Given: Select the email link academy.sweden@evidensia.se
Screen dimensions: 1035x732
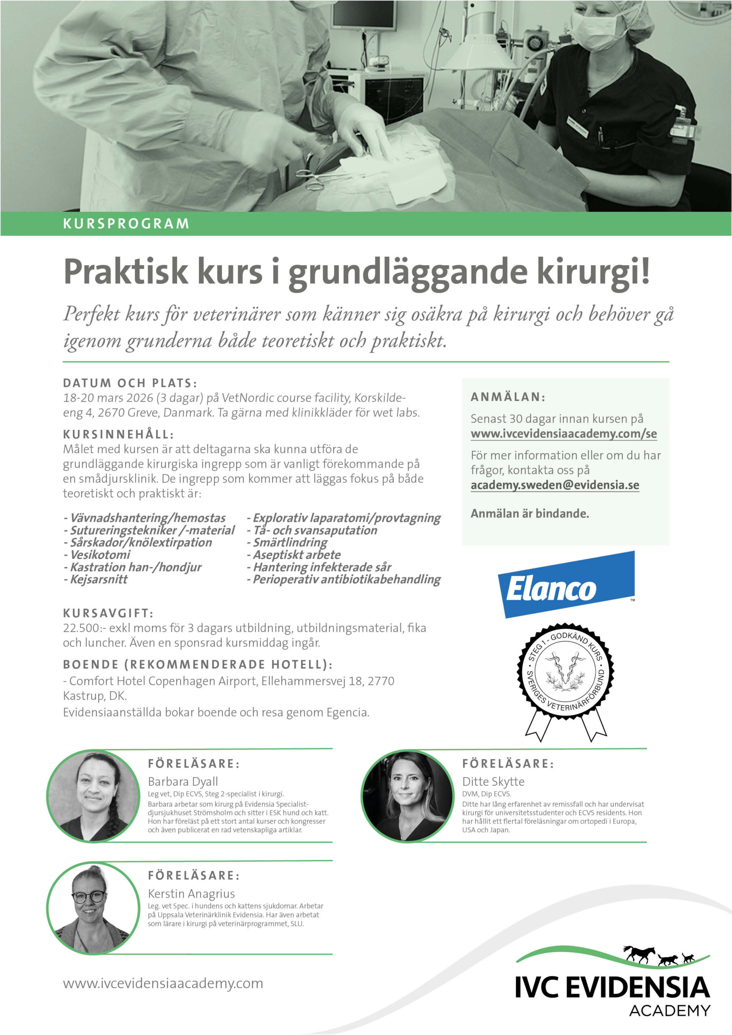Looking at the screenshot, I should tap(554, 485).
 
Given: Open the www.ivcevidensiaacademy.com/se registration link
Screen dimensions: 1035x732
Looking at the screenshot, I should tap(563, 434).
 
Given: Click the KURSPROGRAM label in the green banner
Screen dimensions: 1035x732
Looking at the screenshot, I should tap(126, 224).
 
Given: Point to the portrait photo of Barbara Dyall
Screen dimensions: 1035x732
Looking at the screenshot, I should tap(93, 796).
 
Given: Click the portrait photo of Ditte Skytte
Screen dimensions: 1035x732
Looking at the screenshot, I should tap(408, 796).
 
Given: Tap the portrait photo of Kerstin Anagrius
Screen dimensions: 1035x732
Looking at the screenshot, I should tap(93, 908).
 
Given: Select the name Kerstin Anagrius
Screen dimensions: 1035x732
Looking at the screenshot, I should tap(191, 893).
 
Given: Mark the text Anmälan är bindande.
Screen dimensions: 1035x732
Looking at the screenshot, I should tap(529, 513).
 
